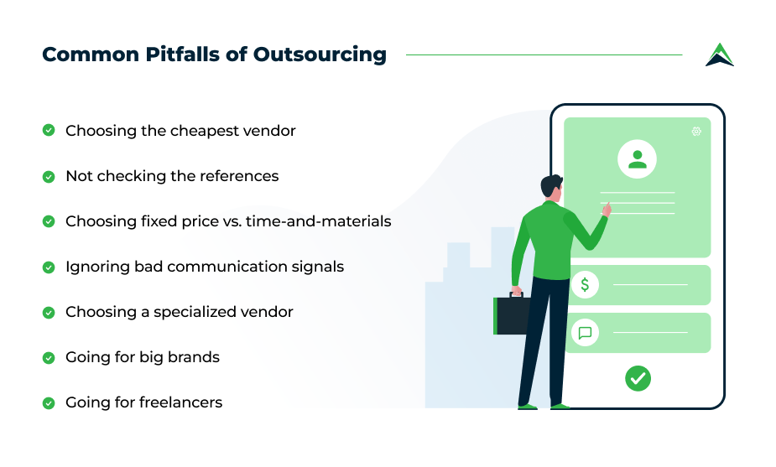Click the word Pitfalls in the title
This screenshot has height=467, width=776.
click(x=182, y=54)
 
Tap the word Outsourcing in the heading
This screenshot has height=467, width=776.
click(x=320, y=54)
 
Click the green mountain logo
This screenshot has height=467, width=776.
click(x=720, y=54)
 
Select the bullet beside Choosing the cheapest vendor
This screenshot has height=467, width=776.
click(x=49, y=130)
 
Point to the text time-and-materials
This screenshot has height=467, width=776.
click(x=318, y=221)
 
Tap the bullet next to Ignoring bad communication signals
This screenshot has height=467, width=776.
click(x=49, y=267)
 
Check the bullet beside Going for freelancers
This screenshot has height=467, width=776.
click(x=49, y=403)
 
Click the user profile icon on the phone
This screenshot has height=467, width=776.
click(x=637, y=158)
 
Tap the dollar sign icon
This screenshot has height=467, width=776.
click(x=585, y=284)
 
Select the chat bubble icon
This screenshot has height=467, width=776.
click(x=585, y=333)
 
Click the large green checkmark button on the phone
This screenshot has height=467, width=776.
click(x=638, y=378)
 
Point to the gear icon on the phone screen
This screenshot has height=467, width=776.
click(x=696, y=131)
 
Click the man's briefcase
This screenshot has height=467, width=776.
click(x=511, y=314)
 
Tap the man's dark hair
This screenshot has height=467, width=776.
click(x=550, y=184)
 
